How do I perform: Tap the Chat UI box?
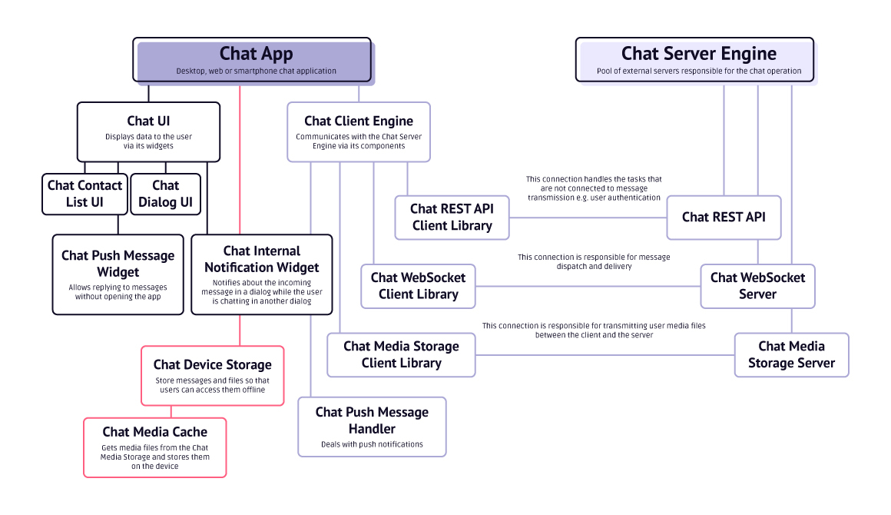(148, 132)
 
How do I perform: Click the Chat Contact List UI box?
(84, 194)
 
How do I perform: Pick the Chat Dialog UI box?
(165, 194)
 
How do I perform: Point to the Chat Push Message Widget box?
(118, 274)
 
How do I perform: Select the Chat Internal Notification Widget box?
(261, 274)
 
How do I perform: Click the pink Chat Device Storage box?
(212, 375)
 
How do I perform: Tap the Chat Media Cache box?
(154, 447)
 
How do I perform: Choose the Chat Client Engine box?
(358, 132)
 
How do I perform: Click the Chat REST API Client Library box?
(452, 217)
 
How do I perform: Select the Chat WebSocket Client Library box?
(418, 285)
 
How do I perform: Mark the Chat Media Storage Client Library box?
(401, 354)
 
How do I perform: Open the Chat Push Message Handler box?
(372, 427)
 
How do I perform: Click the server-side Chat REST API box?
(724, 217)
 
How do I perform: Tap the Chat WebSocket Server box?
(757, 285)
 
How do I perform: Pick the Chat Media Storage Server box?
(791, 354)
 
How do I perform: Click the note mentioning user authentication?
(594, 188)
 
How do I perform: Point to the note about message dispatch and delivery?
(594, 261)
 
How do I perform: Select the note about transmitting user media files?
(594, 330)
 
